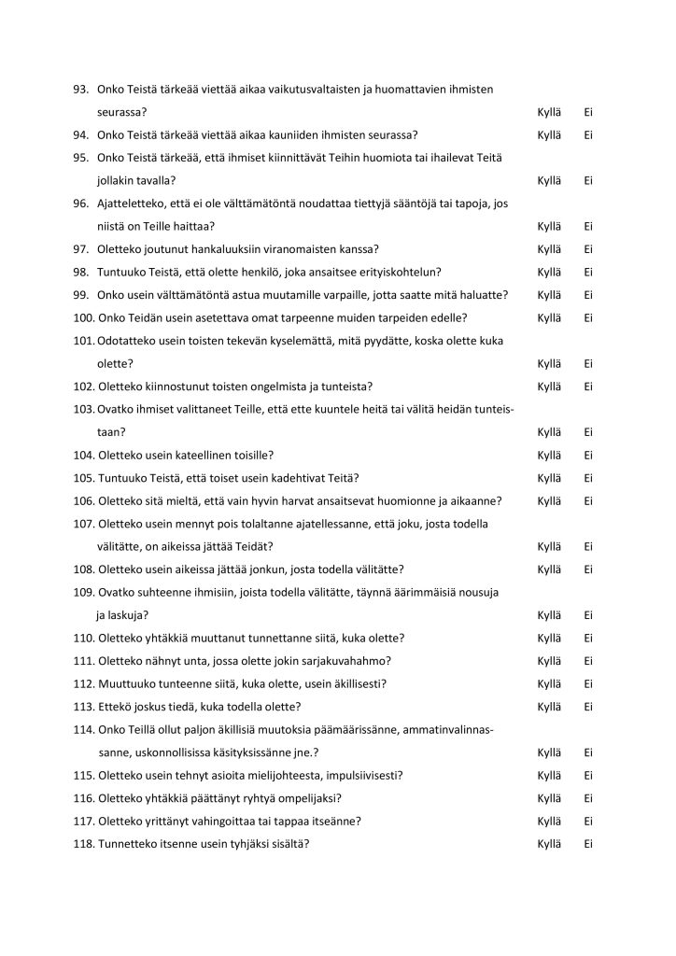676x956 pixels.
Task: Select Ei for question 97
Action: coord(589,249)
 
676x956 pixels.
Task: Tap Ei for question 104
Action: coord(589,456)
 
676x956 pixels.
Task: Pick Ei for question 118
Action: coord(589,844)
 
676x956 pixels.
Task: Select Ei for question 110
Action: coord(589,639)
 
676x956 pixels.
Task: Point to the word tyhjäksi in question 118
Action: coord(246,844)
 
